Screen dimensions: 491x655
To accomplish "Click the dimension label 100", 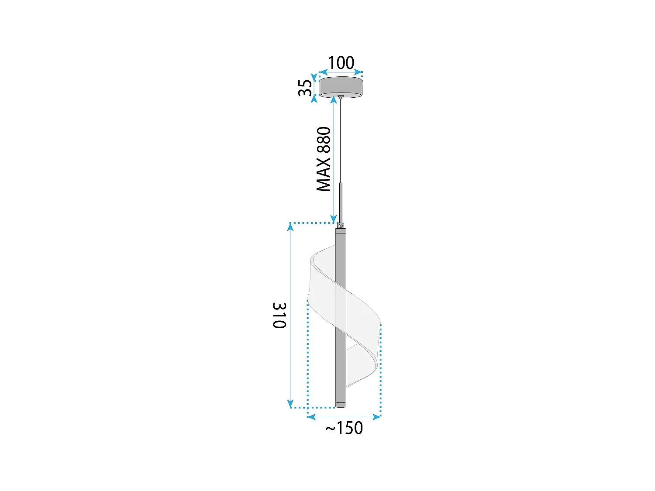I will click(x=341, y=63).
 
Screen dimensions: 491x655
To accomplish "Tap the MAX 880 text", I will click(x=324, y=159).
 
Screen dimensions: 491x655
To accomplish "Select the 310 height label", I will click(x=279, y=315).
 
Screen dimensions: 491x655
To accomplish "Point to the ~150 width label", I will click(x=345, y=428).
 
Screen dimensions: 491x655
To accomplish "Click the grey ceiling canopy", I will click(x=341, y=86).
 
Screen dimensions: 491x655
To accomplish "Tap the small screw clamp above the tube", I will click(x=341, y=225).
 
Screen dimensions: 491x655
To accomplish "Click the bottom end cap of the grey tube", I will click(x=341, y=404).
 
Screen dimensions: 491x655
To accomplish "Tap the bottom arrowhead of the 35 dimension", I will click(x=314, y=99).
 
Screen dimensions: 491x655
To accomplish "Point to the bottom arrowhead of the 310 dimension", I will click(x=290, y=404).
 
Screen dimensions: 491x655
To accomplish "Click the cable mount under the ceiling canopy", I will click(x=341, y=96).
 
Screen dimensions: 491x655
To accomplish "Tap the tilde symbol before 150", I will click(x=331, y=429).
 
